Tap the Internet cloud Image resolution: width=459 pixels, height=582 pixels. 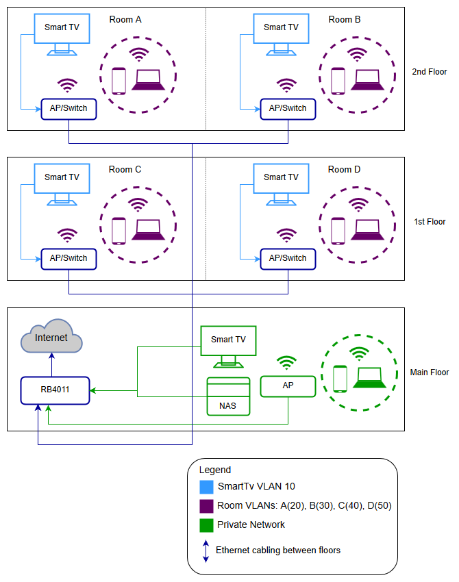coord(51,337)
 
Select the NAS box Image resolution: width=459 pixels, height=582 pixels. coord(229,396)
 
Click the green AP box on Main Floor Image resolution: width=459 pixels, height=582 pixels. coord(288,386)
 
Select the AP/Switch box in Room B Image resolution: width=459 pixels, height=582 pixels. coord(288,109)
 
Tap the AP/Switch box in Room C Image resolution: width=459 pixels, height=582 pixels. coord(69,259)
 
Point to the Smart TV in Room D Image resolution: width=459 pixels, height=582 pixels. coord(281,178)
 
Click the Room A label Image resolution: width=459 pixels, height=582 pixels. coord(125,20)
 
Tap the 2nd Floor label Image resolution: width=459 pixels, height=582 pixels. coord(430,72)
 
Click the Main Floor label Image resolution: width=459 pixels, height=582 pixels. coord(430,372)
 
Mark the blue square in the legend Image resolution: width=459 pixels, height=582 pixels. coord(206,487)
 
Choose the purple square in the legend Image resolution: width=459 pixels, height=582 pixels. coord(206,506)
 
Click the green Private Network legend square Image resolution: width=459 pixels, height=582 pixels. coord(206,525)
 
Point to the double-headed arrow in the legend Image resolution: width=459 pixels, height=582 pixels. coord(206,550)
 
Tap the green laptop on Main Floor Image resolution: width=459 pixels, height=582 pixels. coord(369,379)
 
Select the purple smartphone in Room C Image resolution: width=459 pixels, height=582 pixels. coord(119,231)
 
